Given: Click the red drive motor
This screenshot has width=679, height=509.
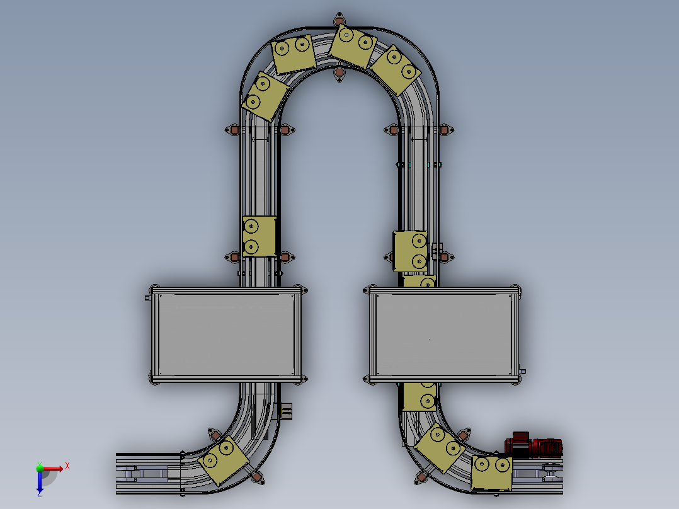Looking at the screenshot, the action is tap(533, 445).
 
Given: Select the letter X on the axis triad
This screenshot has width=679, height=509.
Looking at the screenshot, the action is tap(67, 466).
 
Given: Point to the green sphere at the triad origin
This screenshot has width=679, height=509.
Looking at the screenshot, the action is tap(40, 468).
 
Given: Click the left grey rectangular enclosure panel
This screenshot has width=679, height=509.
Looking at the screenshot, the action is tap(226, 335).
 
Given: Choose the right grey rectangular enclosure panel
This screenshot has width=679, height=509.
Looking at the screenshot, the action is tap(444, 335).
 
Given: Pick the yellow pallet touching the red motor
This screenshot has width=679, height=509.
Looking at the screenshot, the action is tap(491, 472).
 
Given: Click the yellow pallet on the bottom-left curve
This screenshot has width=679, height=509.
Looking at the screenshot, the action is tap(224, 460).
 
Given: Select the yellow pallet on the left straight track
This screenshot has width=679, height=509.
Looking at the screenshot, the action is tap(260, 236).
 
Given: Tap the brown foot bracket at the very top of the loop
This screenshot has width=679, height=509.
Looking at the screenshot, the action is tap(339, 20).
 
